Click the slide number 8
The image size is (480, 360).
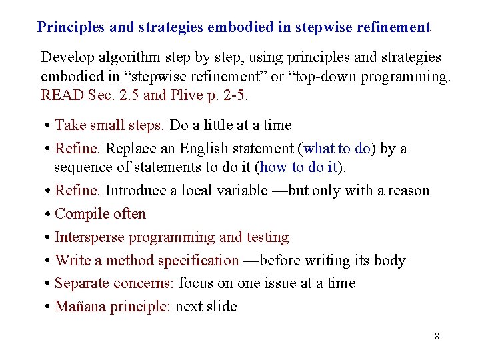tap(437, 336)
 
